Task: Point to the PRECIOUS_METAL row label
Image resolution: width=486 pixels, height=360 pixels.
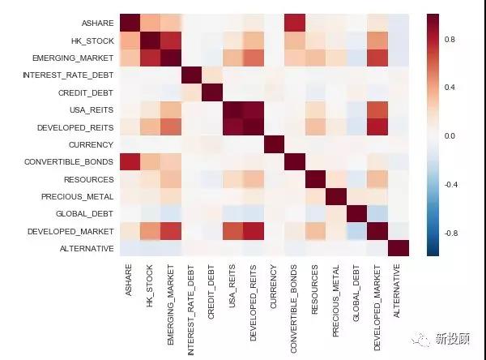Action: pyautogui.click(x=80, y=196)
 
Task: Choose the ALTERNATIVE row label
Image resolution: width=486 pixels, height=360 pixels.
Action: pyautogui.click(x=87, y=248)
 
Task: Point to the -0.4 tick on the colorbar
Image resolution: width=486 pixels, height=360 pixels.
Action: pyautogui.click(x=451, y=184)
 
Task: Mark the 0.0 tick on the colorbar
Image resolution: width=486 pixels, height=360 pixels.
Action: pyautogui.click(x=450, y=135)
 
